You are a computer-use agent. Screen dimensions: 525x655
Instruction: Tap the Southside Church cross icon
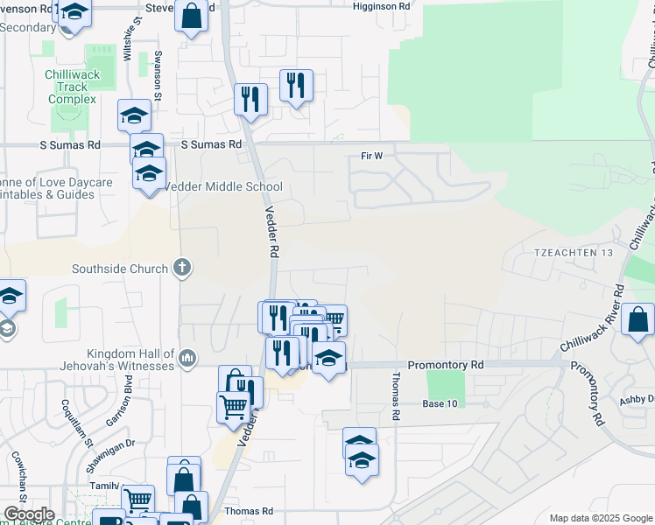coord(182,268)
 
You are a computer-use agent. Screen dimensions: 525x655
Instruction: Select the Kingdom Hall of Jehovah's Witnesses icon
coord(187,357)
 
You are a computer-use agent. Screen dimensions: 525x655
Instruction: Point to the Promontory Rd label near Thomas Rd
coord(446,364)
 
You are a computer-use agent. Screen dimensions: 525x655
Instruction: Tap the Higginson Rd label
coord(381,6)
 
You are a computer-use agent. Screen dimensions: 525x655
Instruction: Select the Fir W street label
coord(372,157)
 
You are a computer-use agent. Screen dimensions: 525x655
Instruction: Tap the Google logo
coord(29,514)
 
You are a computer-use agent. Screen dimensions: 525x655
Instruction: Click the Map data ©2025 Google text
coord(601,518)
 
